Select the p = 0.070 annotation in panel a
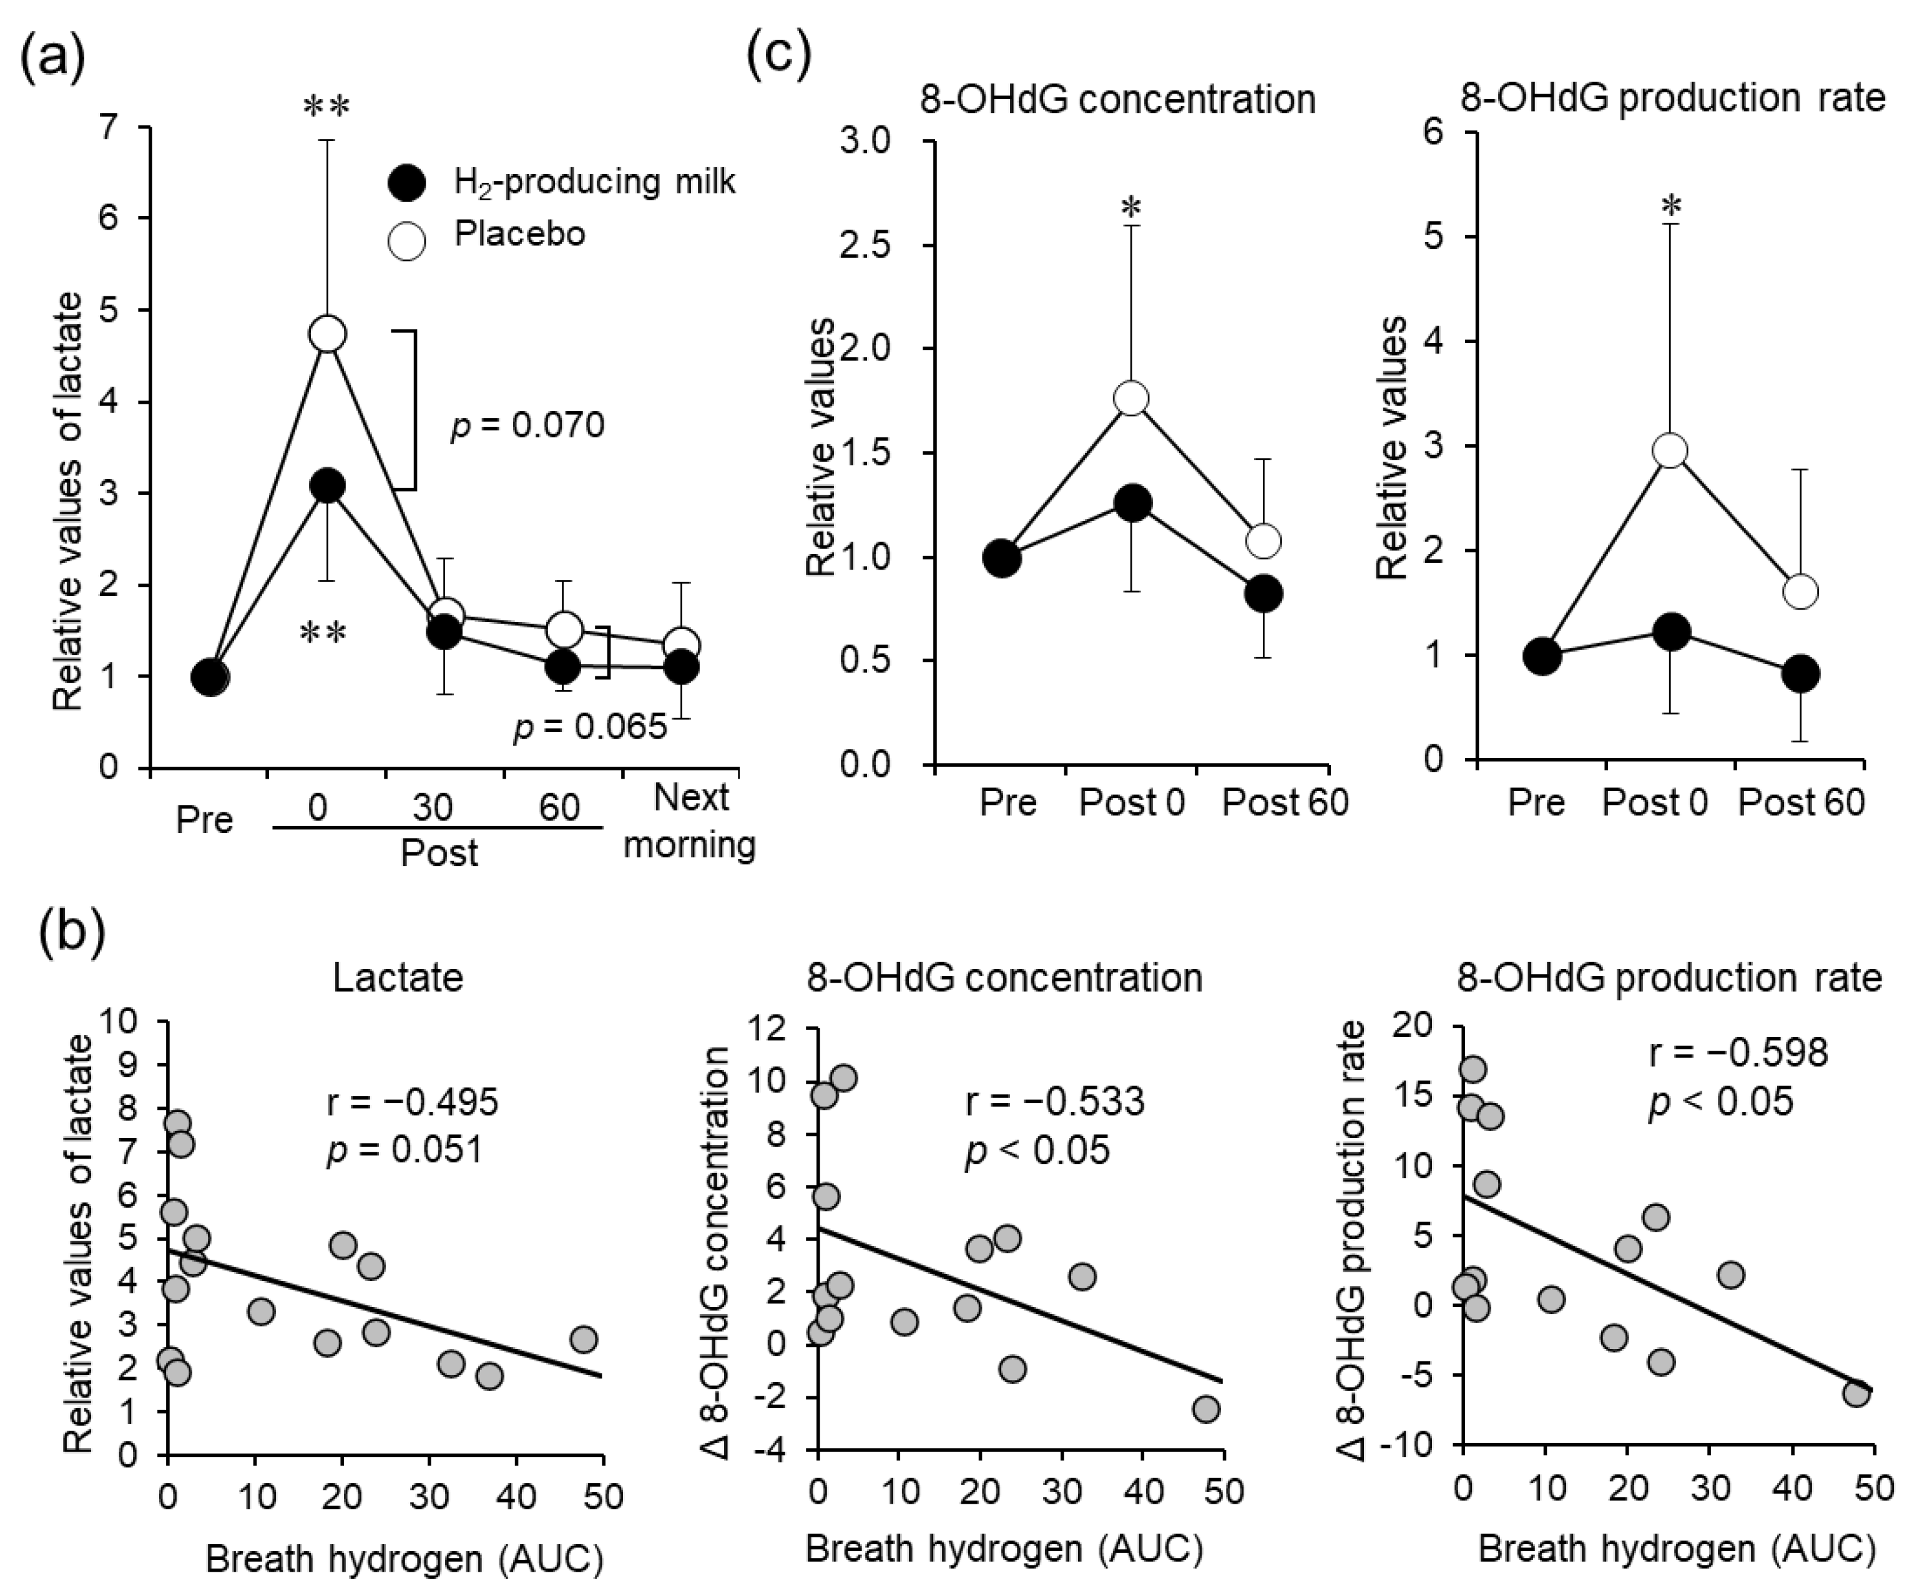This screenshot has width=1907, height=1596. tap(527, 425)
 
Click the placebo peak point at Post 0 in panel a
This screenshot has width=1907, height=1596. tap(328, 334)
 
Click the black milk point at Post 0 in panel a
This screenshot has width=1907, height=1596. tap(328, 485)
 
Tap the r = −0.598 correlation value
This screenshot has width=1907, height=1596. tap(1738, 1053)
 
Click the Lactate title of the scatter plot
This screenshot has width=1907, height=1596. tap(398, 978)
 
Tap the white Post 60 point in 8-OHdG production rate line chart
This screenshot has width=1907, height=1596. tap(1800, 592)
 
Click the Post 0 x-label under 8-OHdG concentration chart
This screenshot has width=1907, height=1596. tap(1132, 802)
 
